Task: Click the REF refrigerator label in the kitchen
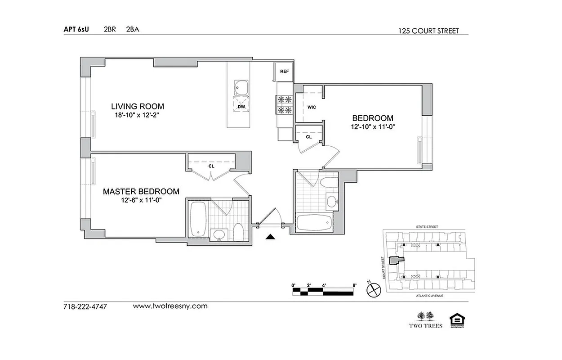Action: coord(284,72)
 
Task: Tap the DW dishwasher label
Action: coord(241,107)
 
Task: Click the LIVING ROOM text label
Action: coord(138,107)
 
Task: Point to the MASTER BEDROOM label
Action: coord(141,192)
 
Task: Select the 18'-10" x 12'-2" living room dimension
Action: coord(138,115)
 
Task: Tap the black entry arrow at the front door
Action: coord(270,237)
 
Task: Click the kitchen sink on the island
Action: coord(241,87)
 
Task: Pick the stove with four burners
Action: coord(285,104)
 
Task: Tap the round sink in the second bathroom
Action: coord(332,201)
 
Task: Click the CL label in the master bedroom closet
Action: coord(211,166)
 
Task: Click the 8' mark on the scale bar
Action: coord(355,285)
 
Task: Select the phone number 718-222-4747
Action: coord(85,306)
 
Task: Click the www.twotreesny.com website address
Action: coord(170,306)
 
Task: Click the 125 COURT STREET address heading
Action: coord(428,31)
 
